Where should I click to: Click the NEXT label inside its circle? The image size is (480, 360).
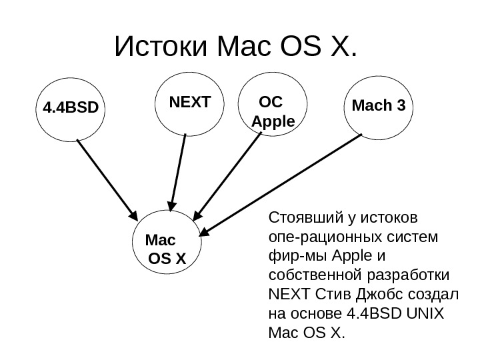click(189, 103)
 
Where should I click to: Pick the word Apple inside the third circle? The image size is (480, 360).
click(273, 123)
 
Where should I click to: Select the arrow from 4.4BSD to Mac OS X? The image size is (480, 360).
click(107, 178)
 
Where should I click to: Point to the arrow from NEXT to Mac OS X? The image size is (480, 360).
click(178, 170)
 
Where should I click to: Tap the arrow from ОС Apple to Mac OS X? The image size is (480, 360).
click(223, 177)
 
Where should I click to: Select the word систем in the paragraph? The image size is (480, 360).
click(415, 237)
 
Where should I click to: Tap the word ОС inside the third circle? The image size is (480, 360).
click(270, 103)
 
